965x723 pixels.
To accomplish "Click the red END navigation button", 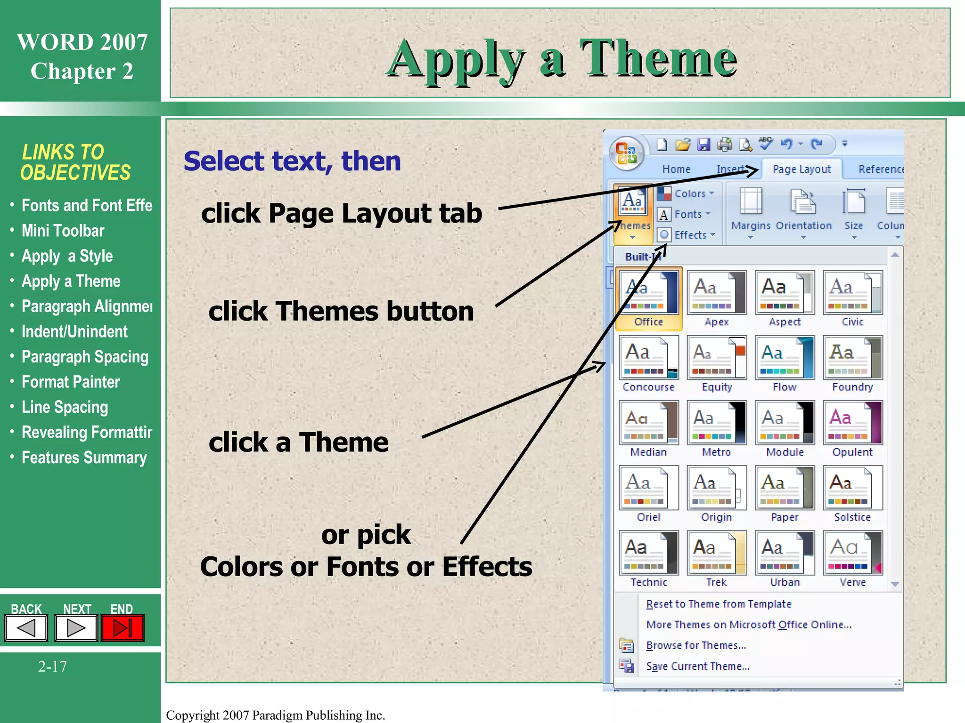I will [x=123, y=628].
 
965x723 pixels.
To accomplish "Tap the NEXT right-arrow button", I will [x=76, y=628].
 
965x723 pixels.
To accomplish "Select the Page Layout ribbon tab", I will [x=801, y=169].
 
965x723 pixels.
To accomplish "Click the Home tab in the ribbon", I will [x=676, y=169].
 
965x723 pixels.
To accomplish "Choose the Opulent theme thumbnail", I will [x=852, y=423].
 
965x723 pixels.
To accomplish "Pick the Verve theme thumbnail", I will [x=852, y=554].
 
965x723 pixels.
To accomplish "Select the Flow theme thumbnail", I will [x=785, y=358].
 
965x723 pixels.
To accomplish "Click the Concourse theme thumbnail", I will [x=649, y=358].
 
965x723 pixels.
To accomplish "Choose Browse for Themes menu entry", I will [x=696, y=645].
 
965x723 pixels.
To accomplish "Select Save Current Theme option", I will [x=698, y=666].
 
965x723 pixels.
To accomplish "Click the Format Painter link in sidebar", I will [x=71, y=382].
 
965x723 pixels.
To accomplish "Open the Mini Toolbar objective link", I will [x=63, y=231].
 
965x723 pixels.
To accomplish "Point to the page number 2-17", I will [x=52, y=667].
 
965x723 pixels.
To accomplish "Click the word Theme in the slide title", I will [x=658, y=58].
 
